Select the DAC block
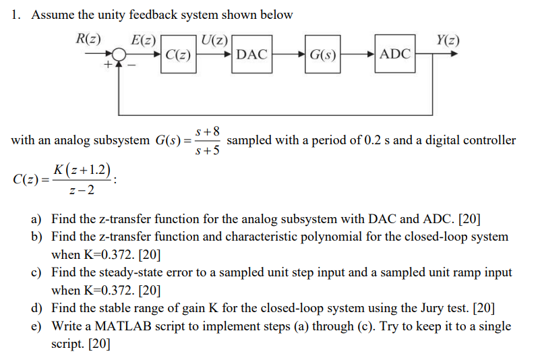point(252,54)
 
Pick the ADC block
point(395,53)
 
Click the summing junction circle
point(119,54)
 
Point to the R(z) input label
point(89,38)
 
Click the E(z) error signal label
point(144,38)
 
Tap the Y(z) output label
point(448,38)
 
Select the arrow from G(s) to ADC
point(360,54)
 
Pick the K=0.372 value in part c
point(111,291)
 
